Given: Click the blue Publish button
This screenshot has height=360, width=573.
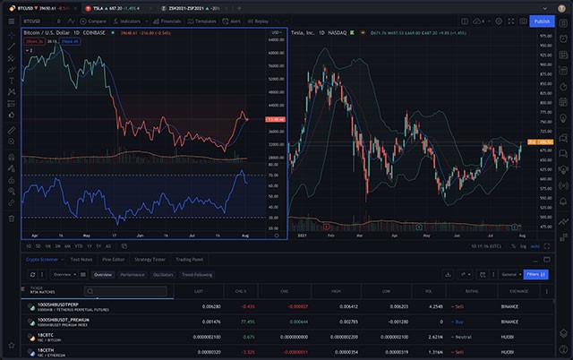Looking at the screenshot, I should pyautogui.click(x=542, y=21).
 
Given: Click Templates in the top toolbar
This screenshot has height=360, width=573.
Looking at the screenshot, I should pyautogui.click(x=205, y=21).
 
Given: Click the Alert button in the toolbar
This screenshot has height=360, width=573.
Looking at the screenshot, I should pyautogui.click(x=234, y=21).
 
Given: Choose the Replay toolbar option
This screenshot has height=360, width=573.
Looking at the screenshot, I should pyautogui.click(x=259, y=21).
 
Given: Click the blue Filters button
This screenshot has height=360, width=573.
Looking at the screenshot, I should pyautogui.click(x=536, y=274).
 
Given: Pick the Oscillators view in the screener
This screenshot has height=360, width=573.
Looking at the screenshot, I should pyautogui.click(x=164, y=275).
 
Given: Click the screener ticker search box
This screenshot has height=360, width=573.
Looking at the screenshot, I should pyautogui.click(x=124, y=291).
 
